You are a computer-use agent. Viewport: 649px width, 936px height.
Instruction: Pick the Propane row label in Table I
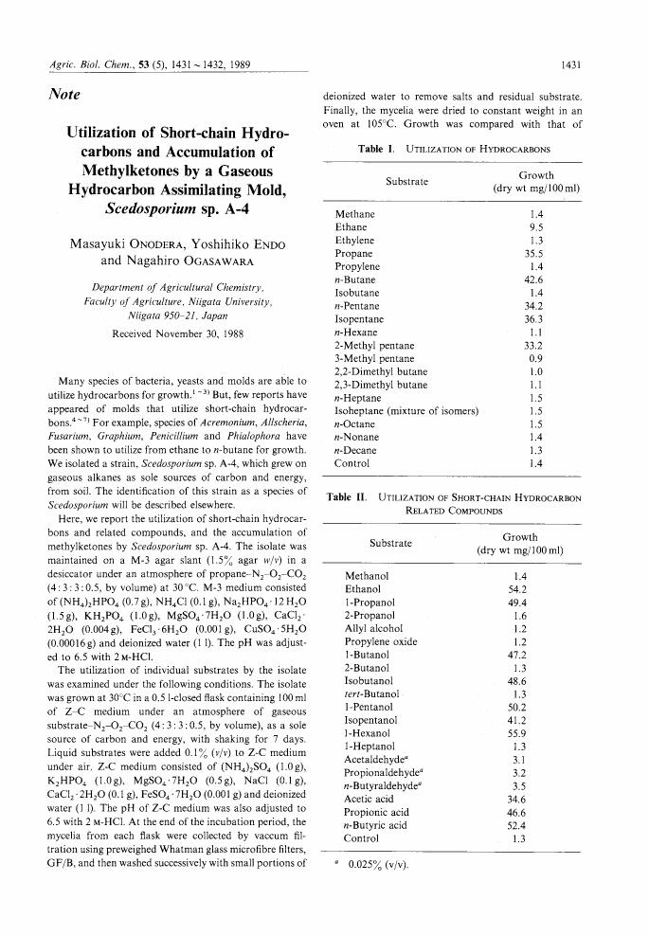point(352,254)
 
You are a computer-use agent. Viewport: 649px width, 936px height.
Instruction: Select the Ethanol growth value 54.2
point(518,588)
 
